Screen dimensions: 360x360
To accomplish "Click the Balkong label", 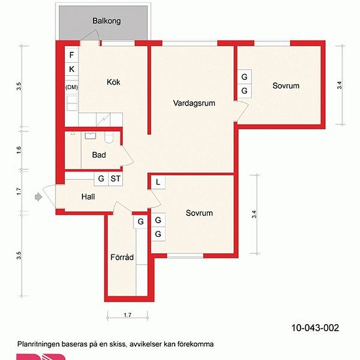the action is [107, 21].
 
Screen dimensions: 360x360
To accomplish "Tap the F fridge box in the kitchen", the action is [71, 55].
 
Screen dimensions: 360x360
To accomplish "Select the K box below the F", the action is [71, 69].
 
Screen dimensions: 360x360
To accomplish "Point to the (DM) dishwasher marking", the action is [71, 87].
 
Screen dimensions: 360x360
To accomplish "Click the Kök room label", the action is [113, 82].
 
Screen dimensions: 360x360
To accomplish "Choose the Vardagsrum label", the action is [194, 103].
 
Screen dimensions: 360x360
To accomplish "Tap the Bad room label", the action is [99, 154].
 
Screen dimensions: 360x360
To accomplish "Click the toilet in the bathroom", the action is [109, 137].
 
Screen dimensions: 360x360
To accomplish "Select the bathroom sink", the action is [90, 135].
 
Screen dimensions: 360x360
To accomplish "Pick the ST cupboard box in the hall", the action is [115, 179].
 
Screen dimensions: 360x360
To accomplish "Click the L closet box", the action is [158, 183].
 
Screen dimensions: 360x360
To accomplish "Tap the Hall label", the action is [88, 197].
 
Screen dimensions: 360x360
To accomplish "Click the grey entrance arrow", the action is [39, 197].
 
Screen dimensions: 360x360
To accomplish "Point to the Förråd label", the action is [122, 257].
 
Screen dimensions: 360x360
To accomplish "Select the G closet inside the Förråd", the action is [141, 222].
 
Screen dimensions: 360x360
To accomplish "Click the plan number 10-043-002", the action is [315, 328].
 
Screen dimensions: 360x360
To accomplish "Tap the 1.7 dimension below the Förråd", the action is [128, 315].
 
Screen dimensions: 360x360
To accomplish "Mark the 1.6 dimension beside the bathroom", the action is [19, 150].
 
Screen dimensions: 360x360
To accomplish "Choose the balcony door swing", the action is [92, 35].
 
